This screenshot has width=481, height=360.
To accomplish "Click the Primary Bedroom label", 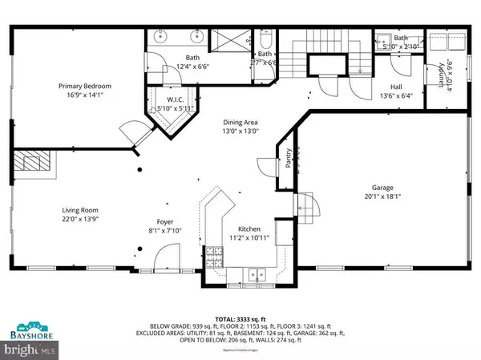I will coord(84,86).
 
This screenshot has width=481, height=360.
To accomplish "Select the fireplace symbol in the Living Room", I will coord(33,164).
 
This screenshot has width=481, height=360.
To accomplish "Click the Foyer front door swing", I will coord(163,256).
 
